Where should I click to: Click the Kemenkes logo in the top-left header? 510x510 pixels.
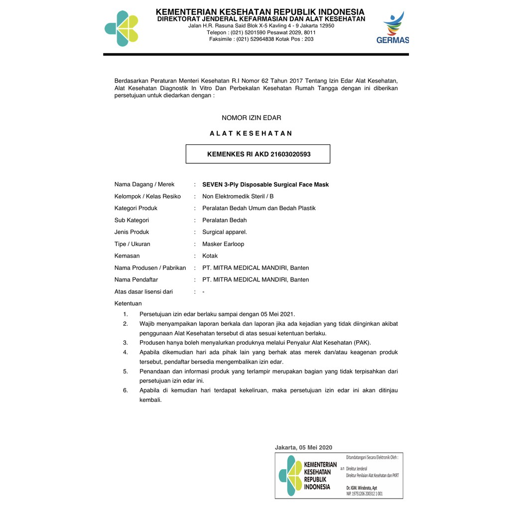(x=121, y=28)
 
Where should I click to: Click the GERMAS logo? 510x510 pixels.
(x=393, y=28)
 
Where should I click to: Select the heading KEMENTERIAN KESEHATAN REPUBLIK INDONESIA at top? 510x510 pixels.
(x=260, y=12)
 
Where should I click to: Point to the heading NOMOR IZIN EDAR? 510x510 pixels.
(x=252, y=118)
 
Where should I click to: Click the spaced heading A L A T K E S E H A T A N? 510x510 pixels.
(x=251, y=133)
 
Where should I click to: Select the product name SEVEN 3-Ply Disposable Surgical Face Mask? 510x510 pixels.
(x=265, y=185)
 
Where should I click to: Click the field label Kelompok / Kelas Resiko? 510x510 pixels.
(x=147, y=196)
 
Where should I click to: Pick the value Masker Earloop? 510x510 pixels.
(x=223, y=244)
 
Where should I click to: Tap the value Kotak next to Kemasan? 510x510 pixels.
(x=210, y=256)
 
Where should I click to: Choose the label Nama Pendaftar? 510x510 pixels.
(x=136, y=280)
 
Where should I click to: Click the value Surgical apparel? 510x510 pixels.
(x=225, y=232)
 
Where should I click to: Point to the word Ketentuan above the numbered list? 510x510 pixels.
(x=128, y=304)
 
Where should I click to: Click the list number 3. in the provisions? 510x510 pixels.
(x=126, y=343)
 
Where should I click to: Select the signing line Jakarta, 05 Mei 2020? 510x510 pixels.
(x=303, y=448)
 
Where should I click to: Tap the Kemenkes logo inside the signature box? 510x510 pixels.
(x=290, y=476)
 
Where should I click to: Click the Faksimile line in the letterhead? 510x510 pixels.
(x=261, y=39)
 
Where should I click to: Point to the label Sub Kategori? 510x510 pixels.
(x=131, y=220)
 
